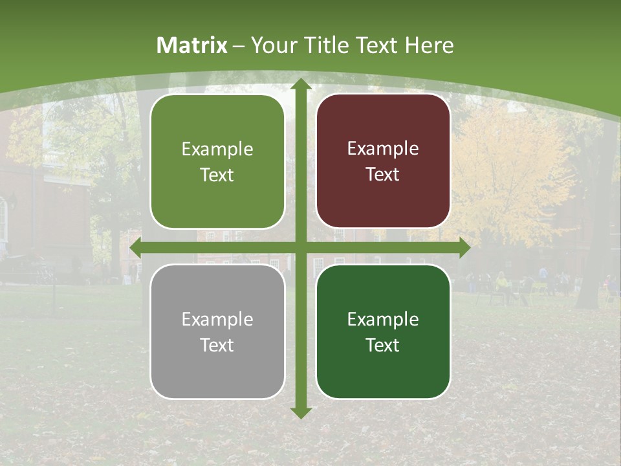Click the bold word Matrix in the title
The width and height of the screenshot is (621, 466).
click(192, 45)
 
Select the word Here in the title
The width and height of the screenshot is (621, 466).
click(430, 45)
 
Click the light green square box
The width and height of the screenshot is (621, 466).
click(217, 162)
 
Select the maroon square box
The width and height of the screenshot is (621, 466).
click(383, 161)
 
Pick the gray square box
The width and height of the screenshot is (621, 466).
click(217, 331)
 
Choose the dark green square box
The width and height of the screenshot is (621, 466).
click(383, 331)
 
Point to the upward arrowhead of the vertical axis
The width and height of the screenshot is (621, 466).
click(300, 85)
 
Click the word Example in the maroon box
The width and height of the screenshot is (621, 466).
click(383, 148)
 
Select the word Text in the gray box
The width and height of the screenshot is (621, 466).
click(217, 345)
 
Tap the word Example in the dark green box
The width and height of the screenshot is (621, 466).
click(383, 319)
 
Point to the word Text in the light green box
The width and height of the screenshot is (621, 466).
click(217, 175)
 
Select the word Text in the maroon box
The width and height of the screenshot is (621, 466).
click(383, 175)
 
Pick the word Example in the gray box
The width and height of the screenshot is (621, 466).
click(217, 319)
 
